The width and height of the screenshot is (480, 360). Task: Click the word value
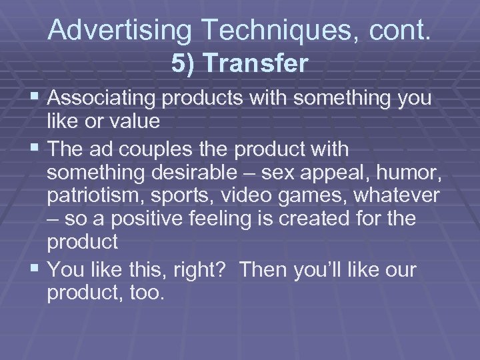[137, 122]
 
